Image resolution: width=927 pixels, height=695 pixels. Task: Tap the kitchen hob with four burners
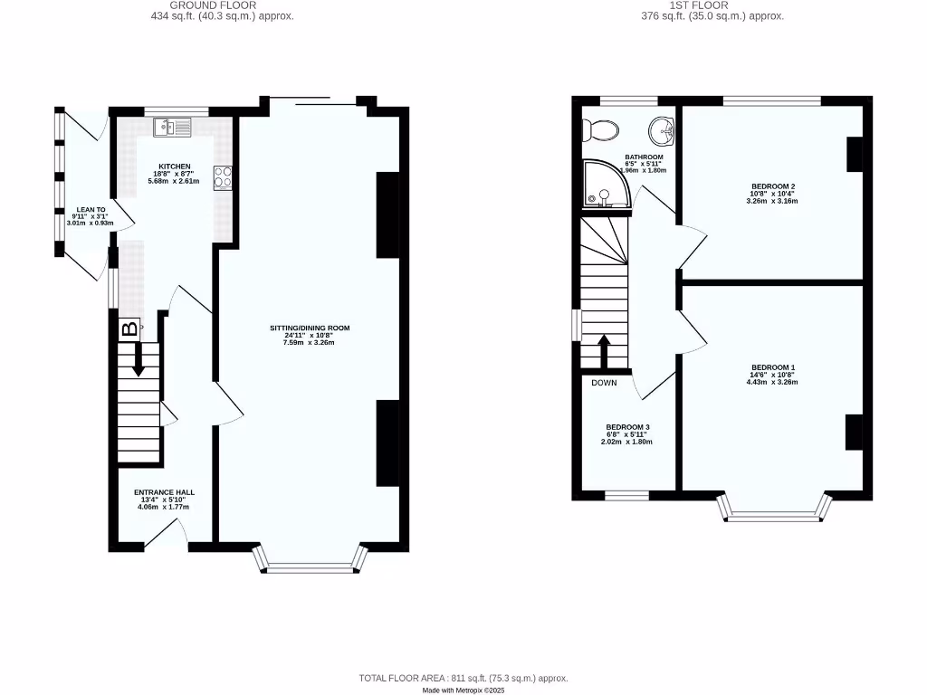[x=223, y=177]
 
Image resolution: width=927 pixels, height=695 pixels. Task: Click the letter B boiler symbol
[x=130, y=329]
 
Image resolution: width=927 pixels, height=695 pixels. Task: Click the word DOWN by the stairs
[x=604, y=383]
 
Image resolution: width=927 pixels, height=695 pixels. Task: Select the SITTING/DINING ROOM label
[x=309, y=328]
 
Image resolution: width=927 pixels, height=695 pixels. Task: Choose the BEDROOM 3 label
[x=627, y=427]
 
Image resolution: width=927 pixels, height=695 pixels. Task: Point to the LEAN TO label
[x=91, y=209]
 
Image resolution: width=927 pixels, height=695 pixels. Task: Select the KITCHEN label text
[x=175, y=167]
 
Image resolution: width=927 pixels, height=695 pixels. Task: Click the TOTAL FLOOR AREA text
[x=463, y=678]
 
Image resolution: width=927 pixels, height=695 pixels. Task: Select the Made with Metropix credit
[x=463, y=690]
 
